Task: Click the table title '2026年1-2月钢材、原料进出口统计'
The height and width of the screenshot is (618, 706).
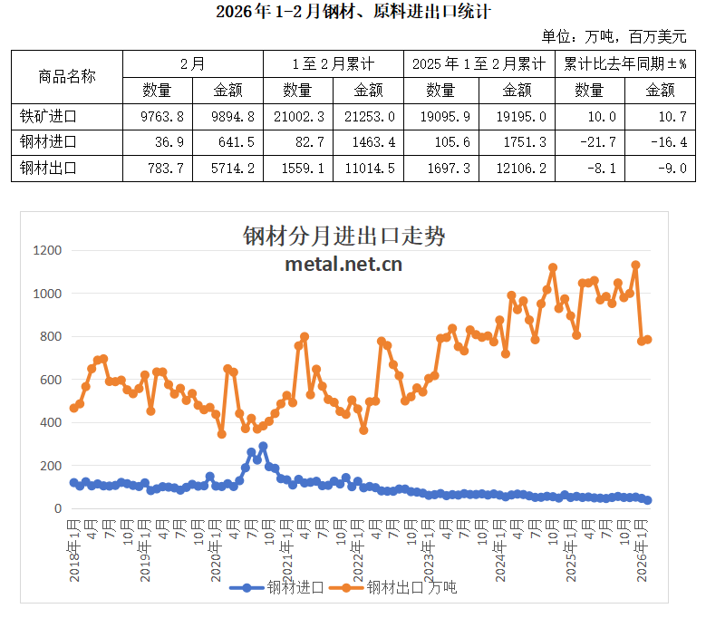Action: click(353, 12)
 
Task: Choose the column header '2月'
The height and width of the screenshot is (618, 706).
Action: click(192, 64)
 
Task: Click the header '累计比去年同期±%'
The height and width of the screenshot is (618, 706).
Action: click(625, 64)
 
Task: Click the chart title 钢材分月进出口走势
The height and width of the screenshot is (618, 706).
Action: click(343, 237)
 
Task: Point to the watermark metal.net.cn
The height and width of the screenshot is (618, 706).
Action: click(343, 264)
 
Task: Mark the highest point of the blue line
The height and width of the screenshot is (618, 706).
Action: click(263, 447)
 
